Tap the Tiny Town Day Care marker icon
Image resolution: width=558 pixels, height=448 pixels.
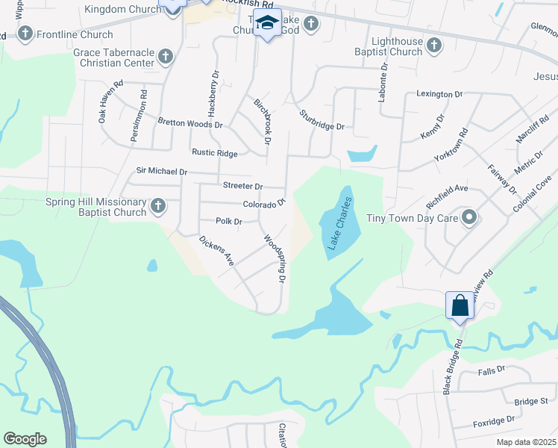(x=468, y=219)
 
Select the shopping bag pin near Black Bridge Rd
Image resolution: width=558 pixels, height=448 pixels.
(x=459, y=305)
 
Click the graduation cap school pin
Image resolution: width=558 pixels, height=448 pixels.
(x=266, y=24)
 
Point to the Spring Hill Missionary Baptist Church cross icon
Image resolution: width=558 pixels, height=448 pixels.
(x=157, y=205)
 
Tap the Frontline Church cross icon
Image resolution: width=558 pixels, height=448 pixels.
(x=25, y=34)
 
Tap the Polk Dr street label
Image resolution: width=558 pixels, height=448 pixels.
(x=229, y=222)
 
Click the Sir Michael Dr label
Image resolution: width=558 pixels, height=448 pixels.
(x=162, y=171)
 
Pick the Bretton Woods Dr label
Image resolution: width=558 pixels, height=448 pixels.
(x=190, y=123)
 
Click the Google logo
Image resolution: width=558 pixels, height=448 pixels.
(x=25, y=438)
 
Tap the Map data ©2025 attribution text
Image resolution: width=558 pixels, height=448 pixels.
(x=526, y=442)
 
